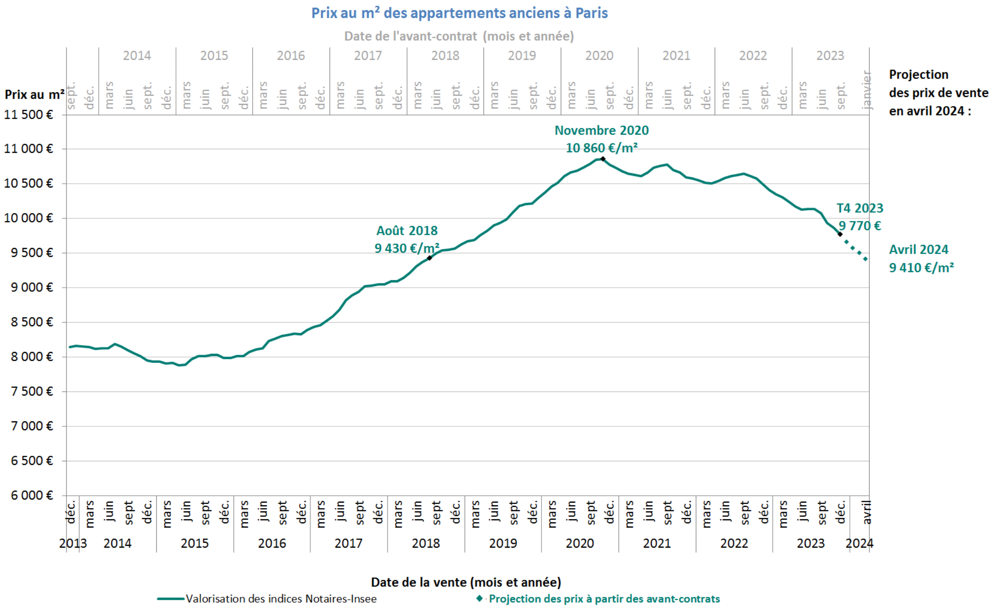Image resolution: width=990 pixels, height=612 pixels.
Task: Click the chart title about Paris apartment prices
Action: click(459, 13)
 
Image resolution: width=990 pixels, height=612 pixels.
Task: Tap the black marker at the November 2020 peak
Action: click(603, 159)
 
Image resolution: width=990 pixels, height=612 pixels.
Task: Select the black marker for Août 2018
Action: click(429, 258)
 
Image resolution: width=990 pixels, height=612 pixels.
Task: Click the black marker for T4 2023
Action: click(840, 234)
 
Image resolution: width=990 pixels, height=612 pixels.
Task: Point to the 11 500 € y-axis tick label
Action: click(28, 114)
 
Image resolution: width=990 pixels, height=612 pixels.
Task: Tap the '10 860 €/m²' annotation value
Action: click(601, 148)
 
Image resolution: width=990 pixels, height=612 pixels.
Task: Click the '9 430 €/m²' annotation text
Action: click(406, 248)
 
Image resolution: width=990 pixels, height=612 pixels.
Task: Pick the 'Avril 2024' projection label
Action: click(918, 249)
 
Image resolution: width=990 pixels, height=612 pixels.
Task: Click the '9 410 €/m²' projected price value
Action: click(921, 267)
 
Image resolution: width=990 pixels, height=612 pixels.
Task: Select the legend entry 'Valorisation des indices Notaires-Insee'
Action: click(281, 599)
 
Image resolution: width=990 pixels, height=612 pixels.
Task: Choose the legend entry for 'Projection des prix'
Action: click(604, 599)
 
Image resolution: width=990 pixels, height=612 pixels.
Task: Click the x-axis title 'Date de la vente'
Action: click(466, 582)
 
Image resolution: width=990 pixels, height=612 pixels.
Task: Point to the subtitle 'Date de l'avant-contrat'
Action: click(459, 36)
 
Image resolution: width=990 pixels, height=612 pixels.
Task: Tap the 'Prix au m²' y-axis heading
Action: click(34, 94)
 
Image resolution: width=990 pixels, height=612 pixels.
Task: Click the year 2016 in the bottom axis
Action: click(272, 543)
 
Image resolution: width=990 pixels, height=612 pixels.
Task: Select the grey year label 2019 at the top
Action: click(522, 56)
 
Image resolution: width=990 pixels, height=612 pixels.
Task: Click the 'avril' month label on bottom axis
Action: click(866, 512)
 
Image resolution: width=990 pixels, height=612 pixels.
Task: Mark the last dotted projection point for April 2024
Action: click(865, 259)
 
